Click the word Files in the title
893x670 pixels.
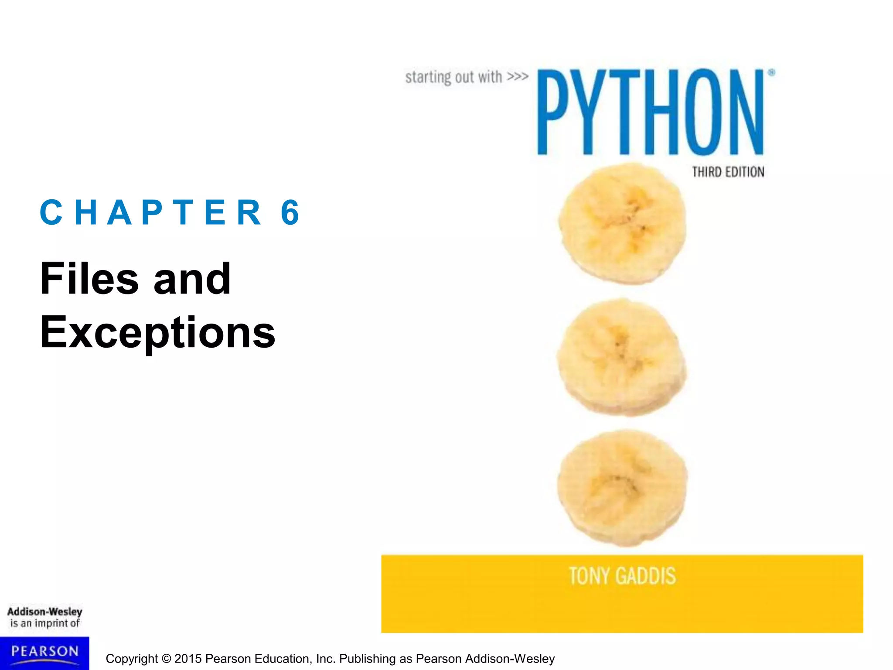[x=89, y=279]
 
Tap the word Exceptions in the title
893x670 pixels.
[x=157, y=332]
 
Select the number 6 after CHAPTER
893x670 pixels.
[x=290, y=212]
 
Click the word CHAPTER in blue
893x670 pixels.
[x=151, y=212]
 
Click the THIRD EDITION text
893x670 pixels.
[x=728, y=172]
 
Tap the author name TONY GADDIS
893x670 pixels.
[x=622, y=576]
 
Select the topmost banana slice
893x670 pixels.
[x=622, y=223]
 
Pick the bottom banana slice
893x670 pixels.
[x=622, y=488]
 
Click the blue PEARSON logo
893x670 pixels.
[x=44, y=653]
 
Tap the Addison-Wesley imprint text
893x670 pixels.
[x=44, y=612]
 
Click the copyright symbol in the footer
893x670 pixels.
[x=166, y=659]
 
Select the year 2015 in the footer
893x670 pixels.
[x=188, y=659]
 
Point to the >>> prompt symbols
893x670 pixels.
[x=518, y=77]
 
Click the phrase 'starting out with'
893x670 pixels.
[x=453, y=77]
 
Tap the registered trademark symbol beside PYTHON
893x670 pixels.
[x=771, y=73]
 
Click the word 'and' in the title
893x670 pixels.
[x=192, y=279]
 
